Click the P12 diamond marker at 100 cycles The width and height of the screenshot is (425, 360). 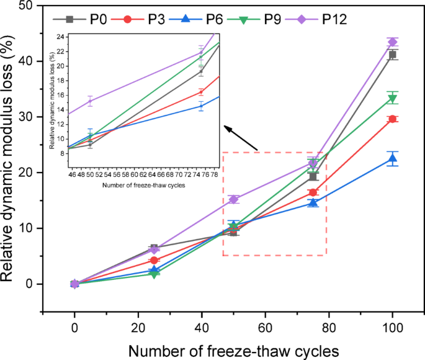point(392,42)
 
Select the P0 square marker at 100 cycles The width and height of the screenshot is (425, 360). point(392,55)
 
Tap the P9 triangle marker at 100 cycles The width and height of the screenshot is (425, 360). point(392,98)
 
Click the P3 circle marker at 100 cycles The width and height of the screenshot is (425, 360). point(392,119)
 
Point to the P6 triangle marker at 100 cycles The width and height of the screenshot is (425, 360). point(392,158)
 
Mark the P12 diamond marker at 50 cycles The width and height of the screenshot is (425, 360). point(233,199)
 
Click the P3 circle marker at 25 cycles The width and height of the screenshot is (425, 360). point(154,260)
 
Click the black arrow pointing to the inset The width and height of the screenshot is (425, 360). point(241,138)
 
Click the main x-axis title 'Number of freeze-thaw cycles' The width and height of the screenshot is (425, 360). point(233,350)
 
